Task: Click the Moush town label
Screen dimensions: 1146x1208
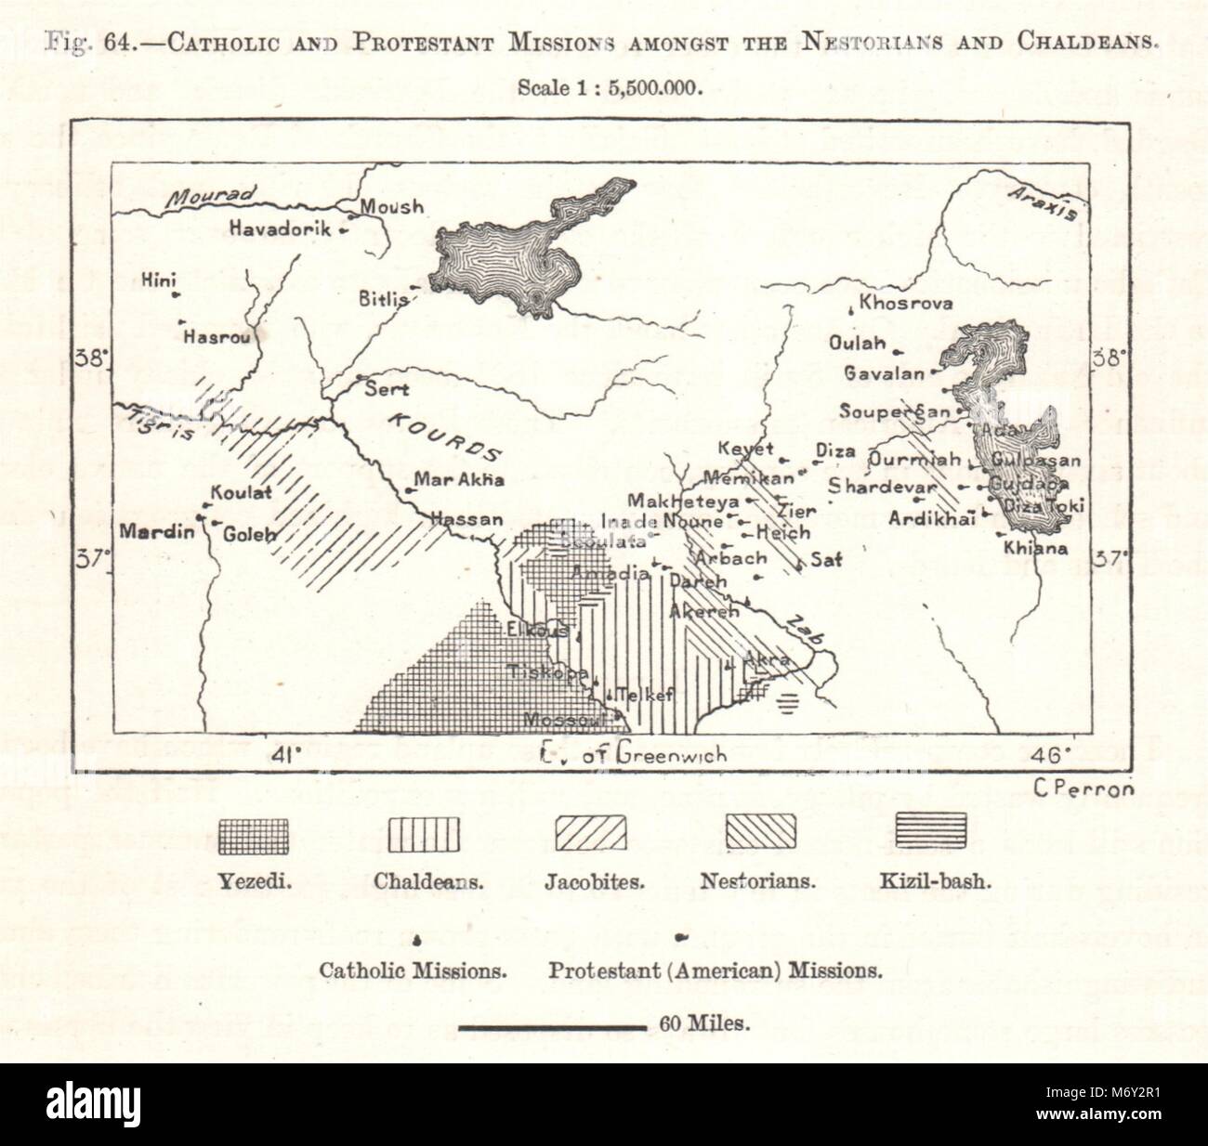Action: click(390, 207)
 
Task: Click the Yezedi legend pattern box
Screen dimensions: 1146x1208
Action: click(254, 833)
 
